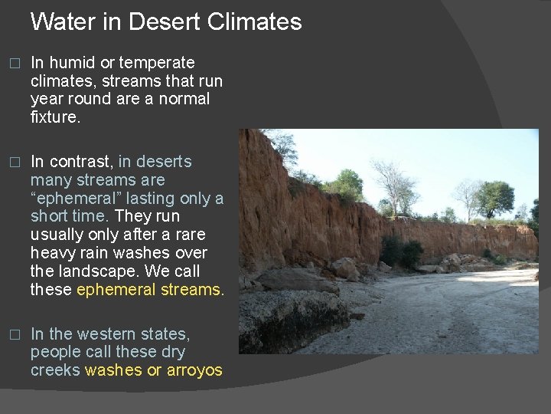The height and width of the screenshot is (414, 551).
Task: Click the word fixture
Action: point(56,117)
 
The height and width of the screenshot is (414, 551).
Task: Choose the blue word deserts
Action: point(165,162)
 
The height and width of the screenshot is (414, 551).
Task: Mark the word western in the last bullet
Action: point(109,334)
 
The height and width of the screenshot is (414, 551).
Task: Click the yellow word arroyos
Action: point(195,370)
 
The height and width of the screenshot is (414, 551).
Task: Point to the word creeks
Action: point(55,370)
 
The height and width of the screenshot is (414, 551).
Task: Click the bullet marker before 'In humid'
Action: point(11,64)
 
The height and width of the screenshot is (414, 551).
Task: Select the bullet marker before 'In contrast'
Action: point(11,163)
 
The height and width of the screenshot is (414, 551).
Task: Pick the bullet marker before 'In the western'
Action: point(11,335)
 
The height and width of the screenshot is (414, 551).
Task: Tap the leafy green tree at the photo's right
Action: point(495,198)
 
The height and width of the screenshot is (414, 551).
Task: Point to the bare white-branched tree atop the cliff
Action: point(394,184)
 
